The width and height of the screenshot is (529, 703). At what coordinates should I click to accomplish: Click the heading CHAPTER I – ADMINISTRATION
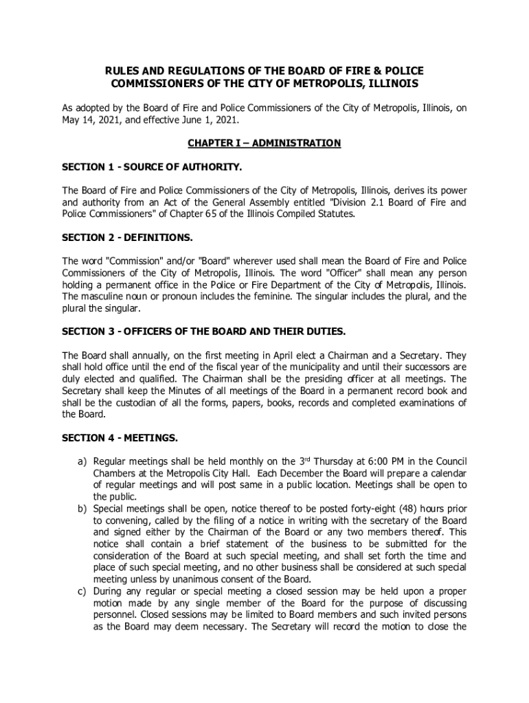click(264, 143)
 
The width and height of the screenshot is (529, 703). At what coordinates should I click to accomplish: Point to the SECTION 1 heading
click(152, 167)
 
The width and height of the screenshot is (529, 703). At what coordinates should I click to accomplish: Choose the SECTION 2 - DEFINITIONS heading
click(128, 238)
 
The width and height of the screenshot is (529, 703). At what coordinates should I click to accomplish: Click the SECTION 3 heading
click(204, 332)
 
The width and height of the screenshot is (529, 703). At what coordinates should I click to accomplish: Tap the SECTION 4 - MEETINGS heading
click(120, 437)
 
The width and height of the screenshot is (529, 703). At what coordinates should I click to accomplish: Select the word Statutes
click(335, 214)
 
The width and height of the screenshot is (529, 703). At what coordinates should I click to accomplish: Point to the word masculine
click(106, 297)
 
